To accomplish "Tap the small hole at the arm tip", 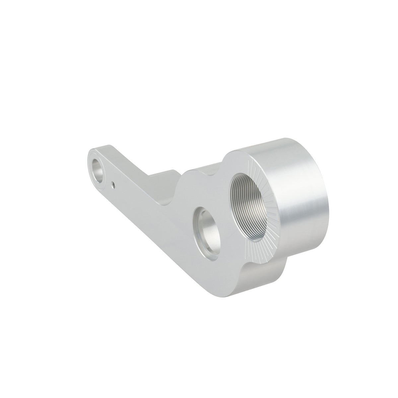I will [x=98, y=167].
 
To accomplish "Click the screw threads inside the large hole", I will [x=257, y=206].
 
